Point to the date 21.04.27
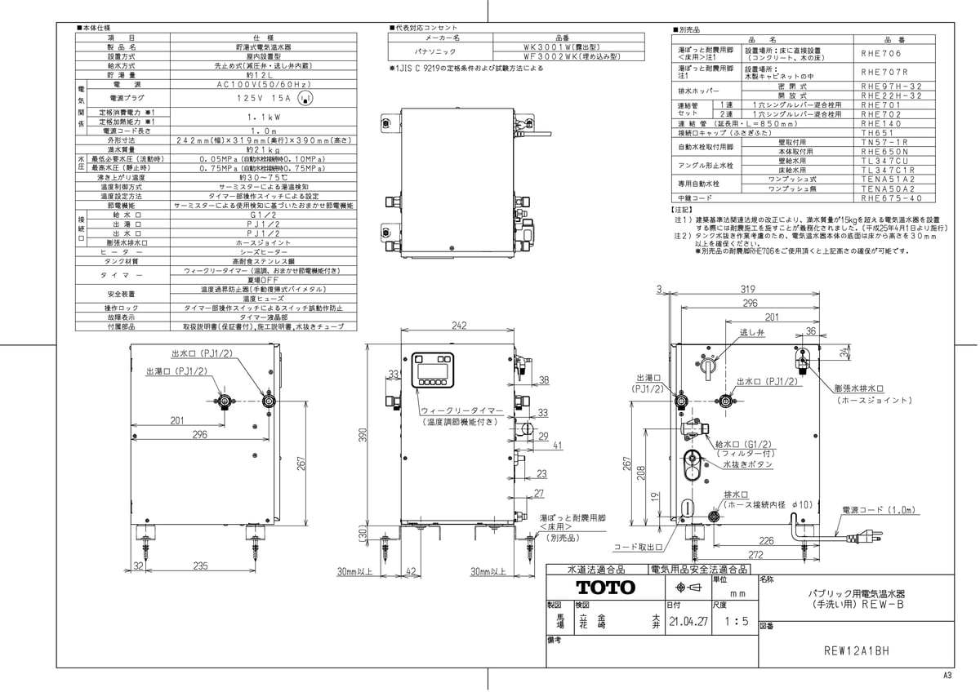pyautogui.click(x=687, y=621)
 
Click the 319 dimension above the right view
pyautogui.click(x=742, y=290)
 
